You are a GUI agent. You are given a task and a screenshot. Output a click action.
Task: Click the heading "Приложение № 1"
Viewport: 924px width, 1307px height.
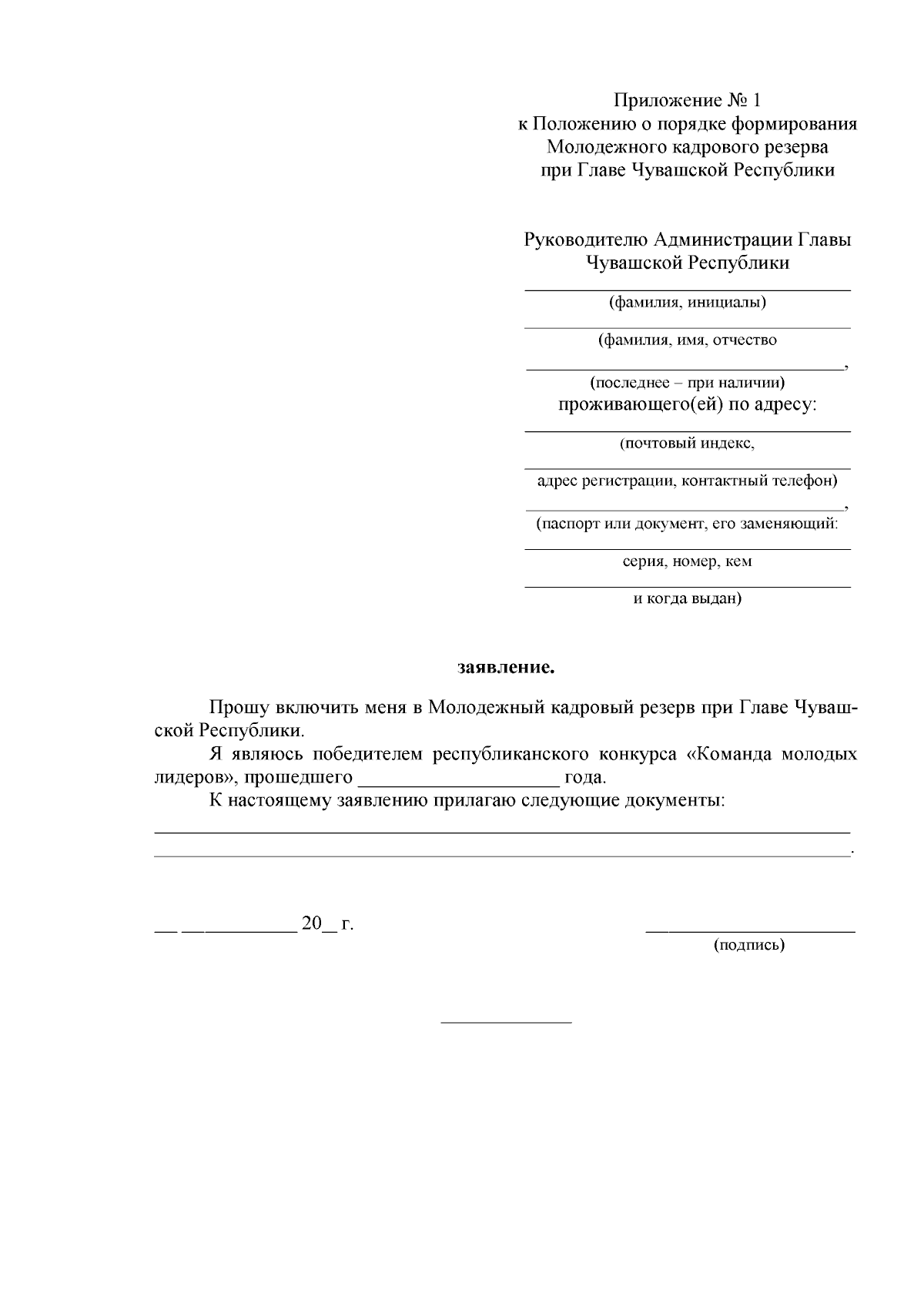tap(687, 101)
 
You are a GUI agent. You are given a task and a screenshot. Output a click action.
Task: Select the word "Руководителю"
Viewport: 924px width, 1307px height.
tap(586, 240)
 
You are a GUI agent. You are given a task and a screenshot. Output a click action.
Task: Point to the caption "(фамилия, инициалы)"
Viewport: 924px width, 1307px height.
tap(688, 302)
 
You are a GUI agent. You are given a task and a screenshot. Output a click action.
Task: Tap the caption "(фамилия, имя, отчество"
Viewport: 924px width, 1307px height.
tap(688, 340)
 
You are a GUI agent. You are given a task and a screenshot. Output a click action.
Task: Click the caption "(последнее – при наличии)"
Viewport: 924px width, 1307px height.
tap(688, 382)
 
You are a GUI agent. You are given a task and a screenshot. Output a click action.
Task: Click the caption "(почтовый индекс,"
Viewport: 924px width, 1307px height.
tap(688, 444)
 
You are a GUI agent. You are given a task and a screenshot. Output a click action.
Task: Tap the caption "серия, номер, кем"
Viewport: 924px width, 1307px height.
tap(688, 561)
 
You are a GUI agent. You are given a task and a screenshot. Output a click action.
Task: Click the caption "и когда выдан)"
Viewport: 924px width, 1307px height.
tap(688, 598)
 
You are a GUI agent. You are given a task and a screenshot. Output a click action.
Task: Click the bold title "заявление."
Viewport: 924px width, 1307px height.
tap(506, 667)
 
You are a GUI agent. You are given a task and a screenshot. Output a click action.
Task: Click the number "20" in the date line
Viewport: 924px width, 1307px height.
tap(311, 923)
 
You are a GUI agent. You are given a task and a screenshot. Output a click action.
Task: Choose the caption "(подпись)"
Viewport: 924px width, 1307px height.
tap(749, 945)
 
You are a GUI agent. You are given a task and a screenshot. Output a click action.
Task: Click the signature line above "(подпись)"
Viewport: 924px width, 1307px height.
tap(749, 932)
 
